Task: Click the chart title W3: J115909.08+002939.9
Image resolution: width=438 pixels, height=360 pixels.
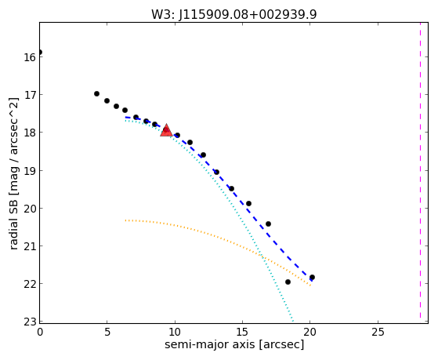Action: pos(234,15)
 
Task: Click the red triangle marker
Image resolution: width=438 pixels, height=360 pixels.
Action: pos(166,131)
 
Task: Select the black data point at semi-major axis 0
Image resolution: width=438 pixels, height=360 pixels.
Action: pos(40,52)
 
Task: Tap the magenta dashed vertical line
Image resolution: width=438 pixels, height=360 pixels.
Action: pos(420,170)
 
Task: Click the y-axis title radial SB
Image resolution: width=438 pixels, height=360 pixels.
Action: pos(13,173)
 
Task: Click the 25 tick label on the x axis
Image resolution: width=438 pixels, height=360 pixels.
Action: pos(378,332)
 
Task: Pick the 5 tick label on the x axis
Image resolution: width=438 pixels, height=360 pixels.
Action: pos(107,332)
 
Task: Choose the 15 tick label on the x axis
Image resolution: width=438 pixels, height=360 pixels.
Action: pos(242,332)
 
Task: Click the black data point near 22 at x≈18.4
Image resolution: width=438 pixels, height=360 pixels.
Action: pos(288,282)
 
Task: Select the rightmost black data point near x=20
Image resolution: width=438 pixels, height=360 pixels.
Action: pos(312,277)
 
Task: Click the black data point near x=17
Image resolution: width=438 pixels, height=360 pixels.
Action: pos(268,224)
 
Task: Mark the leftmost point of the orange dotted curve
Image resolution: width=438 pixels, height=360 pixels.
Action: pos(125,220)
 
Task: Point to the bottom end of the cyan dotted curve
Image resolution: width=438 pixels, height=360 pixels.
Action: pos(292,321)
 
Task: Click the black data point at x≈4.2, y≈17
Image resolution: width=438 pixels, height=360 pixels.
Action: pos(96,93)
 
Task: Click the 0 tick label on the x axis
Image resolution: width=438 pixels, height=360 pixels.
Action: pos(40,332)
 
